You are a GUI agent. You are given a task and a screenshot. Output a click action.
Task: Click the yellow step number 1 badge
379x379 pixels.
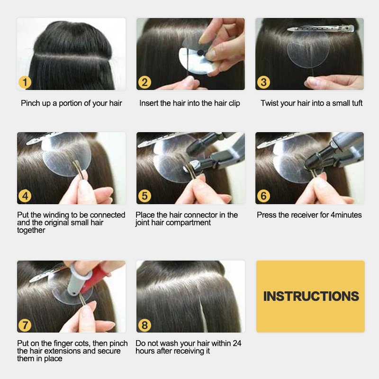tap(25, 82)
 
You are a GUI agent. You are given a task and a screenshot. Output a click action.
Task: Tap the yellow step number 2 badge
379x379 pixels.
tap(144, 82)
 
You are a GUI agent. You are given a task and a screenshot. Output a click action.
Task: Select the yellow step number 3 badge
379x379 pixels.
tap(263, 82)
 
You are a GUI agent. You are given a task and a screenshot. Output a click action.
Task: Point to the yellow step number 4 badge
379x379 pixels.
tap(25, 196)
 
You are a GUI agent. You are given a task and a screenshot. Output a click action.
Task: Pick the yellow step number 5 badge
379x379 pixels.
tap(144, 196)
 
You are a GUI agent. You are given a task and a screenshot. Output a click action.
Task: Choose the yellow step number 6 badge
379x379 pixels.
tap(263, 196)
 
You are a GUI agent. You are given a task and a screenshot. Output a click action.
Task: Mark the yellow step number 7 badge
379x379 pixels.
tap(25, 325)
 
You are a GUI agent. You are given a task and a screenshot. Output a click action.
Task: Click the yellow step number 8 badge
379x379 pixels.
tap(144, 325)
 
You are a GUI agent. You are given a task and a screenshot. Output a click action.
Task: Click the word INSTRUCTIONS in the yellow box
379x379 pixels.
tap(311, 297)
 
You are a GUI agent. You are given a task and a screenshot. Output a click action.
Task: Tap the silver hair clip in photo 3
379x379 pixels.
tap(321, 29)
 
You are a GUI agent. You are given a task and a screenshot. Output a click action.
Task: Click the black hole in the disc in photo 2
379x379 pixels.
tap(200, 53)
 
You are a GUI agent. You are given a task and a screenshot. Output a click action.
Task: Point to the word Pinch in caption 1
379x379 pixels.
tap(30, 103)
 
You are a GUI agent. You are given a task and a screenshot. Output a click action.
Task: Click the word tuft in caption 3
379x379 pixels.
tap(357, 103)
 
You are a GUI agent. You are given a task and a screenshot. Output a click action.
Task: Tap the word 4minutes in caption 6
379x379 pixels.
tap(346, 215)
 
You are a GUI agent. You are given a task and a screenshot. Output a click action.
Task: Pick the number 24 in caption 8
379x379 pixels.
tap(237, 343)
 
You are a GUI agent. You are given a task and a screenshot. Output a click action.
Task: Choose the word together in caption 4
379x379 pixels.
tap(31, 230)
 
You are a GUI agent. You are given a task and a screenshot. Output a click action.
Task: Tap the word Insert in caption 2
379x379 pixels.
tap(149, 103)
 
